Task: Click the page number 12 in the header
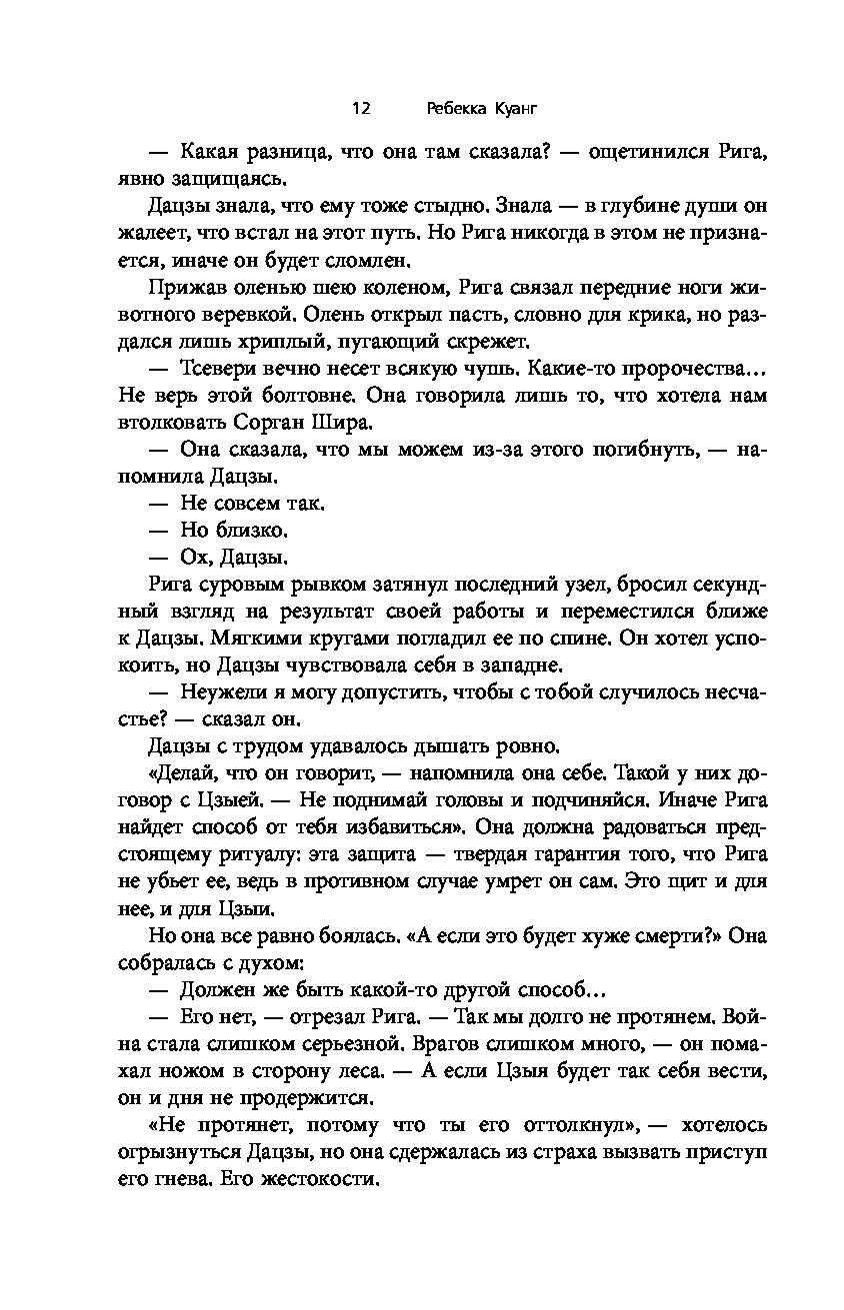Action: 362,107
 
